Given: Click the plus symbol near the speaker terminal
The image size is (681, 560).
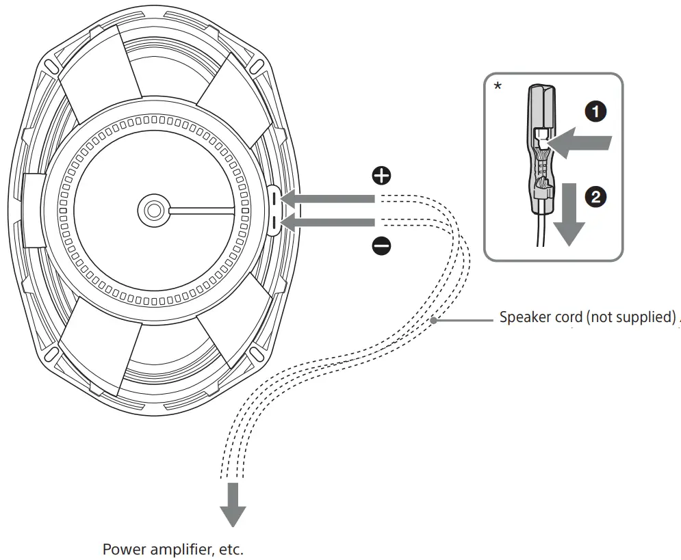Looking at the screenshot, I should tap(381, 176).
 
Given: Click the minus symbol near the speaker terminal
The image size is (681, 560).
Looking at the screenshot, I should tap(381, 245).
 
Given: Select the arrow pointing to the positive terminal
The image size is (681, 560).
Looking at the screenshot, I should tap(329, 199).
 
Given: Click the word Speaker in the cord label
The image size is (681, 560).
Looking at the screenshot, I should tap(523, 318).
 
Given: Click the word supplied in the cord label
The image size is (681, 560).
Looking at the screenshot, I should tap(647, 318).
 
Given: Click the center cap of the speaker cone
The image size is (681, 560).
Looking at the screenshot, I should tap(152, 209).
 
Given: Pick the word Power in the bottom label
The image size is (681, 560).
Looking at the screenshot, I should tap(121, 549).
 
